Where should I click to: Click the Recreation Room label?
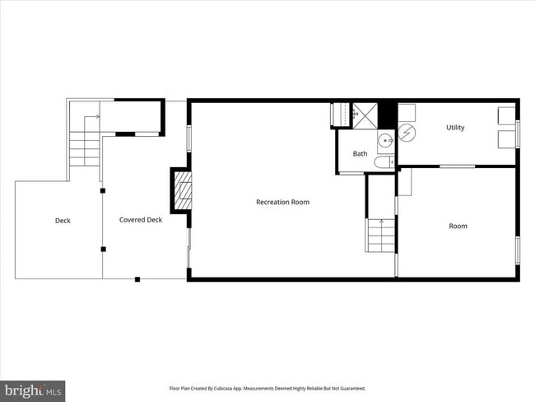pyautogui.click(x=282, y=202)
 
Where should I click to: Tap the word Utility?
pyautogui.click(x=455, y=128)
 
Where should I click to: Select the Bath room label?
pyautogui.click(x=361, y=154)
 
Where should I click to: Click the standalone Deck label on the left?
pyautogui.click(x=63, y=221)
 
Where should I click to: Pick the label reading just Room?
pyautogui.click(x=458, y=226)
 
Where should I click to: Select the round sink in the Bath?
pyautogui.click(x=386, y=141)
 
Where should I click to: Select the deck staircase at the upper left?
pyautogui.click(x=84, y=140)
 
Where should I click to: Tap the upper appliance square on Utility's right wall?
pyautogui.click(x=507, y=115)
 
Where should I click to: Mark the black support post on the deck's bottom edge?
pyautogui.click(x=137, y=279)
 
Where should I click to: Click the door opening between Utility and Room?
pyautogui.click(x=456, y=166)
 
